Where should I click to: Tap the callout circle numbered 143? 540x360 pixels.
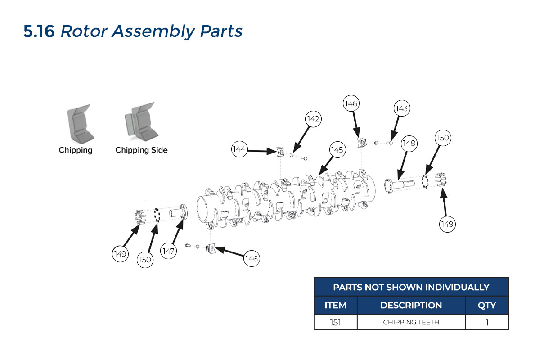[x=401, y=108]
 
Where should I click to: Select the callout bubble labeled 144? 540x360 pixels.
[x=239, y=149]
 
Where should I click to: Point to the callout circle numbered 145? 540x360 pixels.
[x=337, y=149]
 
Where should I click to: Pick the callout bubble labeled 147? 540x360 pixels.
[x=169, y=251]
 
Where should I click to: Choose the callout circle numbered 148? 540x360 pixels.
[x=409, y=143]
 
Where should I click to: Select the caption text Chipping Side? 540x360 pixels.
[x=141, y=150]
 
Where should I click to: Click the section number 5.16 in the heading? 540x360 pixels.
[x=39, y=31]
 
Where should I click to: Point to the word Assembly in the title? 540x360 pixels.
[x=153, y=31]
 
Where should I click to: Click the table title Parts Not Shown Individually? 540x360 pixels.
[x=411, y=287]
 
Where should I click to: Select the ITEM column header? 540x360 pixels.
[x=336, y=305]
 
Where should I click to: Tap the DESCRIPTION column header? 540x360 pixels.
[x=411, y=305]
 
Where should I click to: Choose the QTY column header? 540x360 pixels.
[x=486, y=305]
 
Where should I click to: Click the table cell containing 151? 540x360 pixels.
[x=336, y=322]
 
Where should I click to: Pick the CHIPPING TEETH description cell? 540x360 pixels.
[x=411, y=322]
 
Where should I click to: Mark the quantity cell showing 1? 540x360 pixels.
[x=486, y=322]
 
